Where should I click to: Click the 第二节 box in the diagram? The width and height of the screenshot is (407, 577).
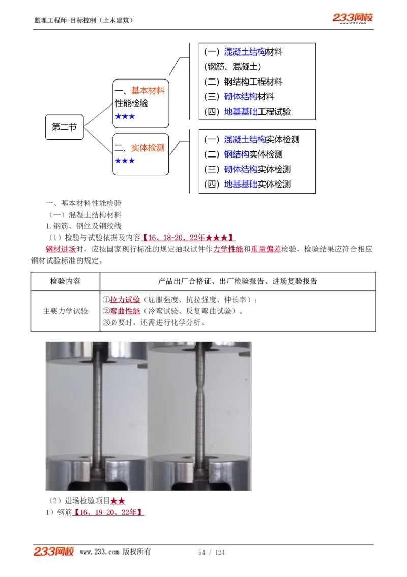pyautogui.click(x=64, y=127)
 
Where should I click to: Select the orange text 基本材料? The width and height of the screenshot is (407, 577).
pyautogui.click(x=148, y=91)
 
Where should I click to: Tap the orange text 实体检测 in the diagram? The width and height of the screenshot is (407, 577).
pyautogui.click(x=148, y=148)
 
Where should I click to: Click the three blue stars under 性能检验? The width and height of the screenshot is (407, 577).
pyautogui.click(x=125, y=117)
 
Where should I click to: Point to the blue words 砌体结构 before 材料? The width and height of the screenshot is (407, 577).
pyautogui.click(x=241, y=97)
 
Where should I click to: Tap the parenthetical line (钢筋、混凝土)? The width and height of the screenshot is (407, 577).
pyautogui.click(x=232, y=67)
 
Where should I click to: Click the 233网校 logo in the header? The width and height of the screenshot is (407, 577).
pyautogui.click(x=353, y=18)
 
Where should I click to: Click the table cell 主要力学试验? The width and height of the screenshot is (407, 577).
pyautogui.click(x=65, y=311)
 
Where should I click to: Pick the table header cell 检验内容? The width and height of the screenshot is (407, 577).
pyautogui.click(x=65, y=281)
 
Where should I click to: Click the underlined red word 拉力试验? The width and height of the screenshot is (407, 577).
pyautogui.click(x=125, y=300)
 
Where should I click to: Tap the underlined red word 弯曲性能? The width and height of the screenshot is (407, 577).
pyautogui.click(x=125, y=311)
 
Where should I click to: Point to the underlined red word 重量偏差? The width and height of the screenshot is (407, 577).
pyautogui.click(x=266, y=249)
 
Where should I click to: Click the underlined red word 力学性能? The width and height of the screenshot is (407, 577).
pyautogui.click(x=228, y=249)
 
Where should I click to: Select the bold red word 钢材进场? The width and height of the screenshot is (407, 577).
pyautogui.click(x=61, y=249)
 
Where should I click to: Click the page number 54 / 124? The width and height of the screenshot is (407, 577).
pyautogui.click(x=211, y=553)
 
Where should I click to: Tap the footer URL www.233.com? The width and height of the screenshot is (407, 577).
pyautogui.click(x=99, y=552)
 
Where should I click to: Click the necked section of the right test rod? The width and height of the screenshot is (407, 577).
pyautogui.click(x=198, y=395)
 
